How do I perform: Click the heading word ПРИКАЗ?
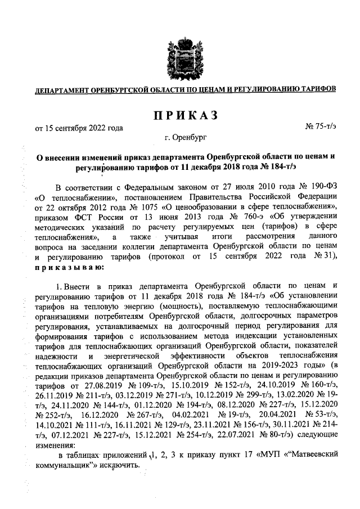tap(184, 115)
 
